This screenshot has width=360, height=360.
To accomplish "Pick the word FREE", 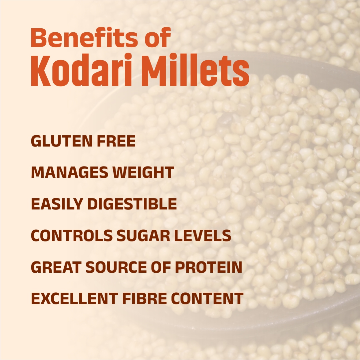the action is [x=116, y=141].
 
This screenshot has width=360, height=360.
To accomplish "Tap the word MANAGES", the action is [x=70, y=172].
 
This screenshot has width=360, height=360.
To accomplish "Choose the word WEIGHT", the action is [x=144, y=172].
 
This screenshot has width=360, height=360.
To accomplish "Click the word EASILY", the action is [x=57, y=204].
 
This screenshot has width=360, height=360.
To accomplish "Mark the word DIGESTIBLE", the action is [x=132, y=204].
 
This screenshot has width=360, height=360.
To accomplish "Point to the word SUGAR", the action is [x=144, y=235].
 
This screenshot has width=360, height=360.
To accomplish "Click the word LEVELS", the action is [x=203, y=235].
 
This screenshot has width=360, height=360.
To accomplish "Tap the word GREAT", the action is [x=56, y=267].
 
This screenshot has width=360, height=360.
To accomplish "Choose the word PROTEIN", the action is [x=209, y=267].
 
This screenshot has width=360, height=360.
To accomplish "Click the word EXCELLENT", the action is [x=74, y=298].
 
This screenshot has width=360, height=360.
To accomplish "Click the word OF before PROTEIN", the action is [x=161, y=267].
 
